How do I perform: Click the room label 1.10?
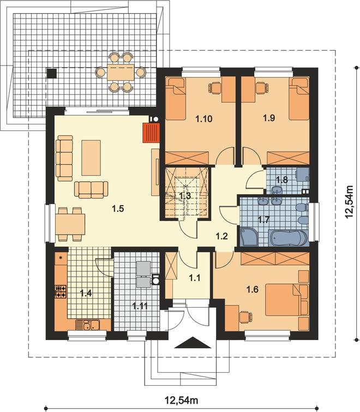[204, 119]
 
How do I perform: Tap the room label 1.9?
[269, 118]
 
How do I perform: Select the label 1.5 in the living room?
[118, 209]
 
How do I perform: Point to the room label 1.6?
[253, 290]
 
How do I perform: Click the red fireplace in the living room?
[151, 133]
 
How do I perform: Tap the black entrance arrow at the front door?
[193, 343]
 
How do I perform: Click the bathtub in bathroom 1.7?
[287, 238]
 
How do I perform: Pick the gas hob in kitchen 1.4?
[61, 291]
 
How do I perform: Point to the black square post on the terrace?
[51, 74]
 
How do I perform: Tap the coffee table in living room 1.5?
[91, 158]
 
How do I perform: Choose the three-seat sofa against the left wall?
[64, 158]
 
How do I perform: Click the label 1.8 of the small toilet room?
[282, 180]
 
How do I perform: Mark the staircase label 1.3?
[184, 196]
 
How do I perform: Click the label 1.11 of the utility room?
[140, 306]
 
